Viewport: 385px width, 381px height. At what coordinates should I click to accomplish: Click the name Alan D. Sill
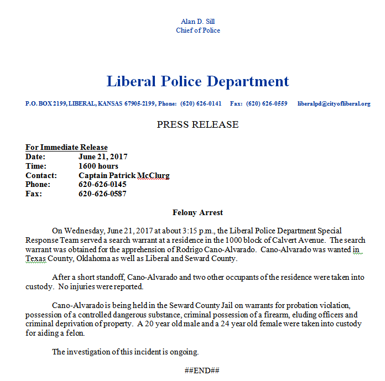197,22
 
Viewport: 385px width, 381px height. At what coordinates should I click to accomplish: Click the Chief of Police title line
197,30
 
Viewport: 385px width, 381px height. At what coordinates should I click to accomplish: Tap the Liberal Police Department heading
197,81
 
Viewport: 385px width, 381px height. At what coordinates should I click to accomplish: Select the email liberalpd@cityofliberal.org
334,103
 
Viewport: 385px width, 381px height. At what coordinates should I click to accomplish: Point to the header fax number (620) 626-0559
266,103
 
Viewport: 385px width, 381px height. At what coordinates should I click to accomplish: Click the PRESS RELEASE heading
197,124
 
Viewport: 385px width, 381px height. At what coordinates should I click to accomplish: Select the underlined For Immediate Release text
66,148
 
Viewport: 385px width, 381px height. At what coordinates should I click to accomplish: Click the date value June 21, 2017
103,157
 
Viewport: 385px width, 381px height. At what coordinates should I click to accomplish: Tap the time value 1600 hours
98,166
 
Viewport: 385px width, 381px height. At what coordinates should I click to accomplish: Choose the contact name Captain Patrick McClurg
124,175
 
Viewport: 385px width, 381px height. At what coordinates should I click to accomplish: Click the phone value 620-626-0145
102,184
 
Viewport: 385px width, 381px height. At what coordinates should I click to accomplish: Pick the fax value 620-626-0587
102,194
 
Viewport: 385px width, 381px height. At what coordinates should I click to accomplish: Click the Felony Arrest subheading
197,212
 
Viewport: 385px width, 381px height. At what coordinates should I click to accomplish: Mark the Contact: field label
41,175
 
